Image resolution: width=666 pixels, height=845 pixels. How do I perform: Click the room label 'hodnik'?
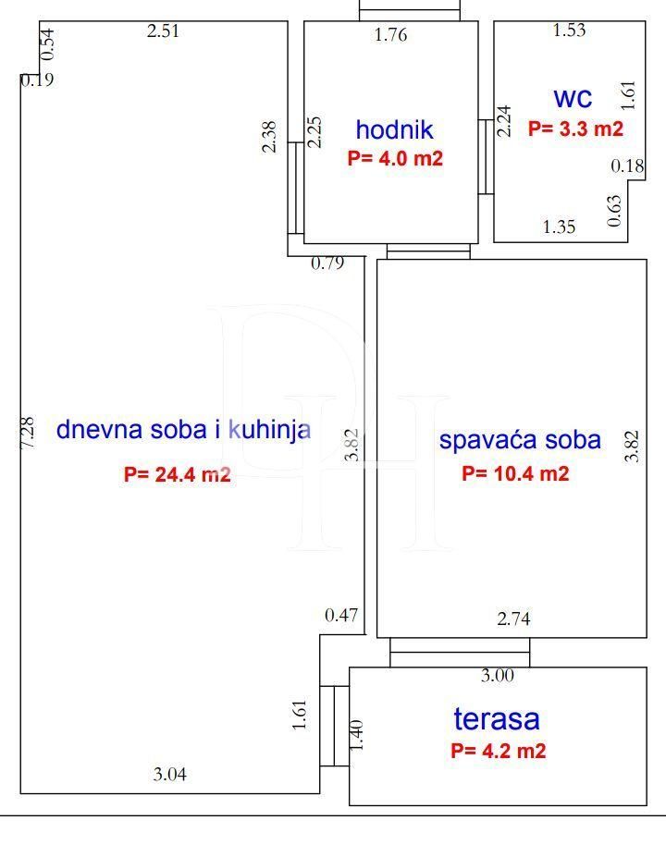pyautogui.click(x=394, y=129)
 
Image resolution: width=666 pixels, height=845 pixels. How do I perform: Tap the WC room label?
pyautogui.click(x=573, y=99)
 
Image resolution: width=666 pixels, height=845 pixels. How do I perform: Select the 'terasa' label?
pyautogui.click(x=496, y=719)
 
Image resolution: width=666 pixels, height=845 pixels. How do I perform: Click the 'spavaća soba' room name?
pyautogui.click(x=520, y=440)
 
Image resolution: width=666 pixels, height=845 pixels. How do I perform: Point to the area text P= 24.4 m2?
pyautogui.click(x=178, y=474)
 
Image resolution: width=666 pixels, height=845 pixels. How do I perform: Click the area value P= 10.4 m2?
pyautogui.click(x=515, y=473)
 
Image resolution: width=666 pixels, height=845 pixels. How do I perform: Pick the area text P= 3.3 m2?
pyautogui.click(x=575, y=129)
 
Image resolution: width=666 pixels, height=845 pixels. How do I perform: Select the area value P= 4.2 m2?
pyautogui.click(x=499, y=751)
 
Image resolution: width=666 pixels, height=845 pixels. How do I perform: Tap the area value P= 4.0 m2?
pyautogui.click(x=395, y=158)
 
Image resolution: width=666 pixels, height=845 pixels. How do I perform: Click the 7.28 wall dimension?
pyautogui.click(x=27, y=432)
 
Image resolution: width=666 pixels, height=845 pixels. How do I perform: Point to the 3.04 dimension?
pyautogui.click(x=170, y=775)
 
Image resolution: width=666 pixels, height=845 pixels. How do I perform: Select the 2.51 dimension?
pyautogui.click(x=163, y=31)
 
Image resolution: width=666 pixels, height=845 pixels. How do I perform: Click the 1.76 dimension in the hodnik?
pyautogui.click(x=391, y=35)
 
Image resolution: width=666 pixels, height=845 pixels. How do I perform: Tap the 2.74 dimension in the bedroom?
pyautogui.click(x=514, y=618)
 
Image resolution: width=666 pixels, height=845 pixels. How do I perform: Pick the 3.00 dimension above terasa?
pyautogui.click(x=498, y=675)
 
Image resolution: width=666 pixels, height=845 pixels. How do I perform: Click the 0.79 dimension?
pyautogui.click(x=327, y=263)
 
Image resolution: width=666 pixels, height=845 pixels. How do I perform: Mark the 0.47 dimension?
pyautogui.click(x=341, y=616)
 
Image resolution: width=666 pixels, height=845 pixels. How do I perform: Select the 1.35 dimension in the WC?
pyautogui.click(x=560, y=227)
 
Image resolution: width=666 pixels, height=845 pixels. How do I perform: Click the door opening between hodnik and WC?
pyautogui.click(x=486, y=156)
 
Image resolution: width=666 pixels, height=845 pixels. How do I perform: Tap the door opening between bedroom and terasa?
pyautogui.click(x=460, y=653)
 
